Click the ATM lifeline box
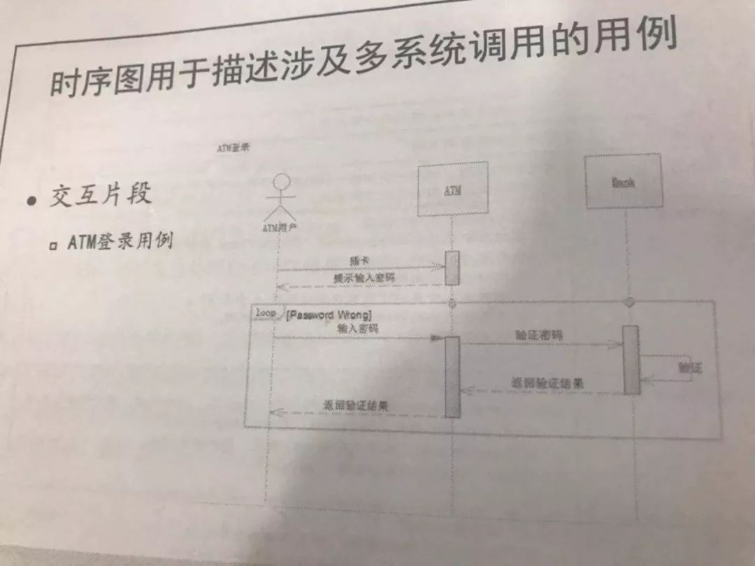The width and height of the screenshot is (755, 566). pos(452,189)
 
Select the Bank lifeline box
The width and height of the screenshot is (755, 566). pos(624,181)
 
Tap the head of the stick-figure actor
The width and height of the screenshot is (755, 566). pos(280,182)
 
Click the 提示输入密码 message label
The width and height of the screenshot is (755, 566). pos(364,277)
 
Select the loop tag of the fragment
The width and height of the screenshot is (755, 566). pos(266,314)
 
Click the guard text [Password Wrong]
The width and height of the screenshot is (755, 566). pos(329,315)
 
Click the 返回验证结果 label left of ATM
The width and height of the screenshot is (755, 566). pos(356,405)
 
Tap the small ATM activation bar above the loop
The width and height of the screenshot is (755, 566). pos(453,268)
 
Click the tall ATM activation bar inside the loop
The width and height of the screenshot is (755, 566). pos(452,377)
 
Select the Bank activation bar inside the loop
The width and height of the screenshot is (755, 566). pos(631,359)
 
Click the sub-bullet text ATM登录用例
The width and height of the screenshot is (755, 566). pos(120,242)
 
